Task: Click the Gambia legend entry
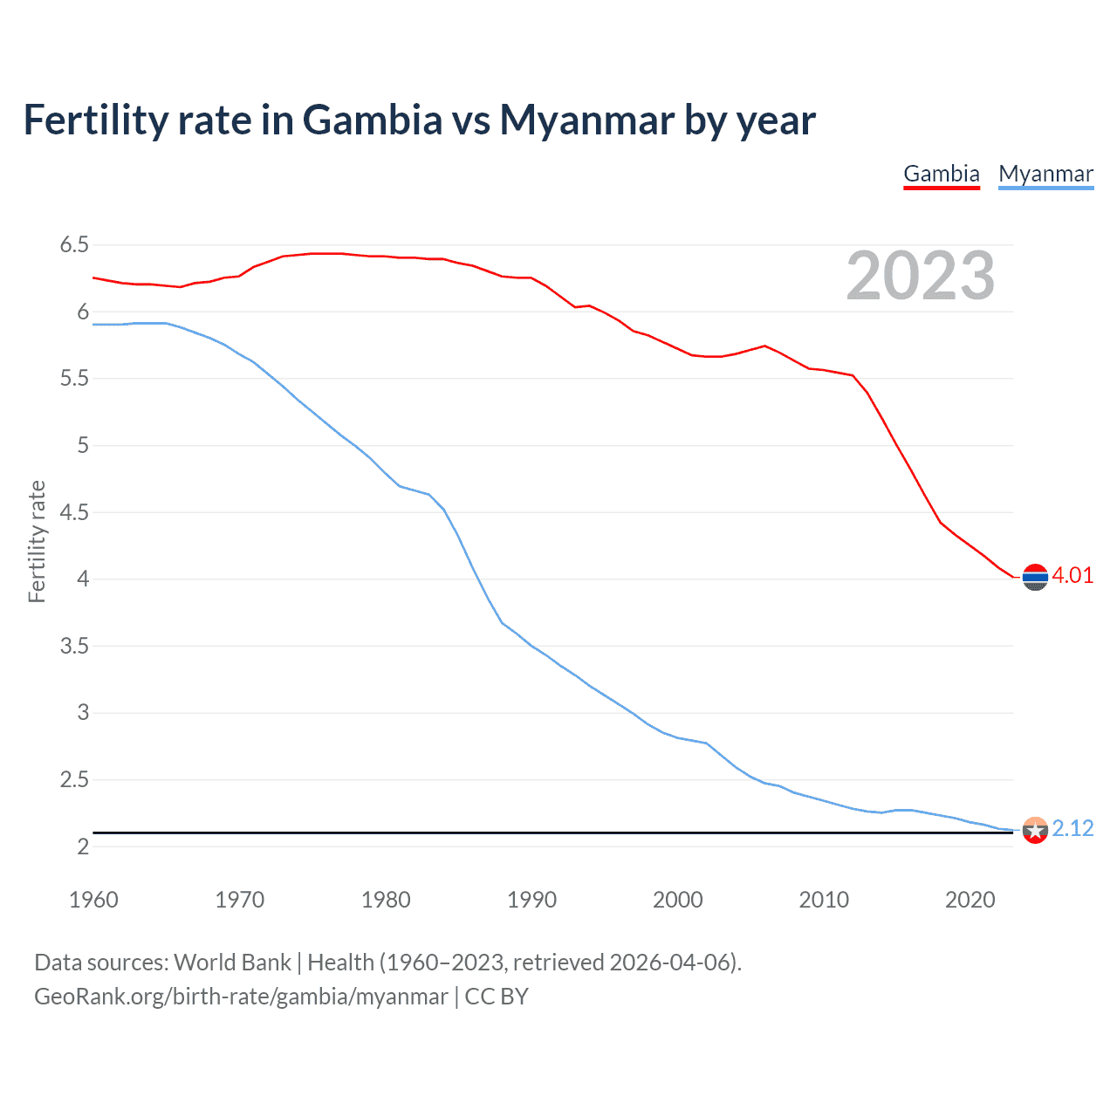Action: tap(942, 174)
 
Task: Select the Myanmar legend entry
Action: tap(1045, 174)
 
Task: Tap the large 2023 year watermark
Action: tap(921, 276)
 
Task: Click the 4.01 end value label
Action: tap(1072, 575)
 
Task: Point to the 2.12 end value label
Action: tap(1072, 828)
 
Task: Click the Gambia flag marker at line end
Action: tap(1035, 577)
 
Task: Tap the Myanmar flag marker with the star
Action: tap(1035, 830)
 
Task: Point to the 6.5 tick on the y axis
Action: tap(74, 245)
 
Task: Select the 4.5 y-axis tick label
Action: tap(74, 512)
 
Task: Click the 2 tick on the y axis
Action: tap(83, 846)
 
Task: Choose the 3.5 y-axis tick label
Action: tap(74, 646)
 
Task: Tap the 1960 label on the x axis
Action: tap(93, 900)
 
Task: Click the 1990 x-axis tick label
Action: tap(531, 900)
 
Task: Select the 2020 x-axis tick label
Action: tap(970, 900)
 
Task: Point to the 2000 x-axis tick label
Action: tap(678, 900)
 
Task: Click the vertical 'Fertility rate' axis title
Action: tap(37, 541)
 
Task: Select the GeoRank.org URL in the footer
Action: tap(241, 997)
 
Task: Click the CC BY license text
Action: tap(497, 997)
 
